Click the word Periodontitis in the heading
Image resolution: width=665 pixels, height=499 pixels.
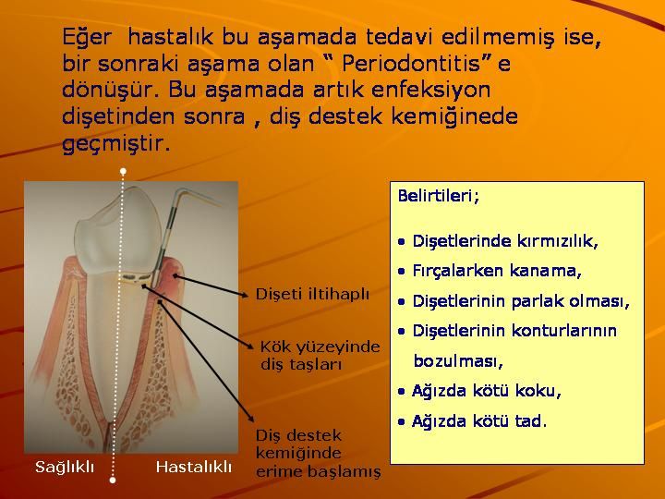[x=410, y=64]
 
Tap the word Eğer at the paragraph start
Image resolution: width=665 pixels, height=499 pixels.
[x=87, y=37]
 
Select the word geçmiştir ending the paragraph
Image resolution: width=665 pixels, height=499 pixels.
[x=115, y=143]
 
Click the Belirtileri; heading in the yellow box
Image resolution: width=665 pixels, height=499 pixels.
[x=439, y=196]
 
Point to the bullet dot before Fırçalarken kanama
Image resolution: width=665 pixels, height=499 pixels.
[x=402, y=272]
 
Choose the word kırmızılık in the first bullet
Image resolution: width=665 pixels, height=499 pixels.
[x=557, y=240]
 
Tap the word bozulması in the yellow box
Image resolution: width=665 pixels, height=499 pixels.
[x=458, y=361]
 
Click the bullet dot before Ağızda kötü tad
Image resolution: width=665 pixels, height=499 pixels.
[x=402, y=422]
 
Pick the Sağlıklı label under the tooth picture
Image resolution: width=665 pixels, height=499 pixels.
[x=65, y=468]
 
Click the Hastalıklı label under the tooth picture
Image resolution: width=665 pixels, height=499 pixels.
[x=194, y=468]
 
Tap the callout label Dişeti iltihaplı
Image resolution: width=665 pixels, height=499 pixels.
[x=312, y=294]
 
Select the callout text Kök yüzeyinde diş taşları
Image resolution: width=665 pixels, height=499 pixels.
[x=320, y=355]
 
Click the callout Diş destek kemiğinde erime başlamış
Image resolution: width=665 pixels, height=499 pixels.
[x=318, y=453]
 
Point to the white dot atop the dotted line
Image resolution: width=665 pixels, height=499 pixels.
[x=123, y=172]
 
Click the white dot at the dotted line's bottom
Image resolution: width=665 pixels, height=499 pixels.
[x=113, y=480]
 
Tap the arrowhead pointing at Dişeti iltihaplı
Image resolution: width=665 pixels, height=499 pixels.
[x=244, y=296]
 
